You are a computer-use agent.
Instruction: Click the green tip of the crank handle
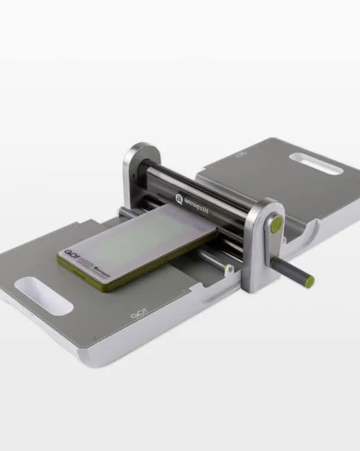(309, 281)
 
